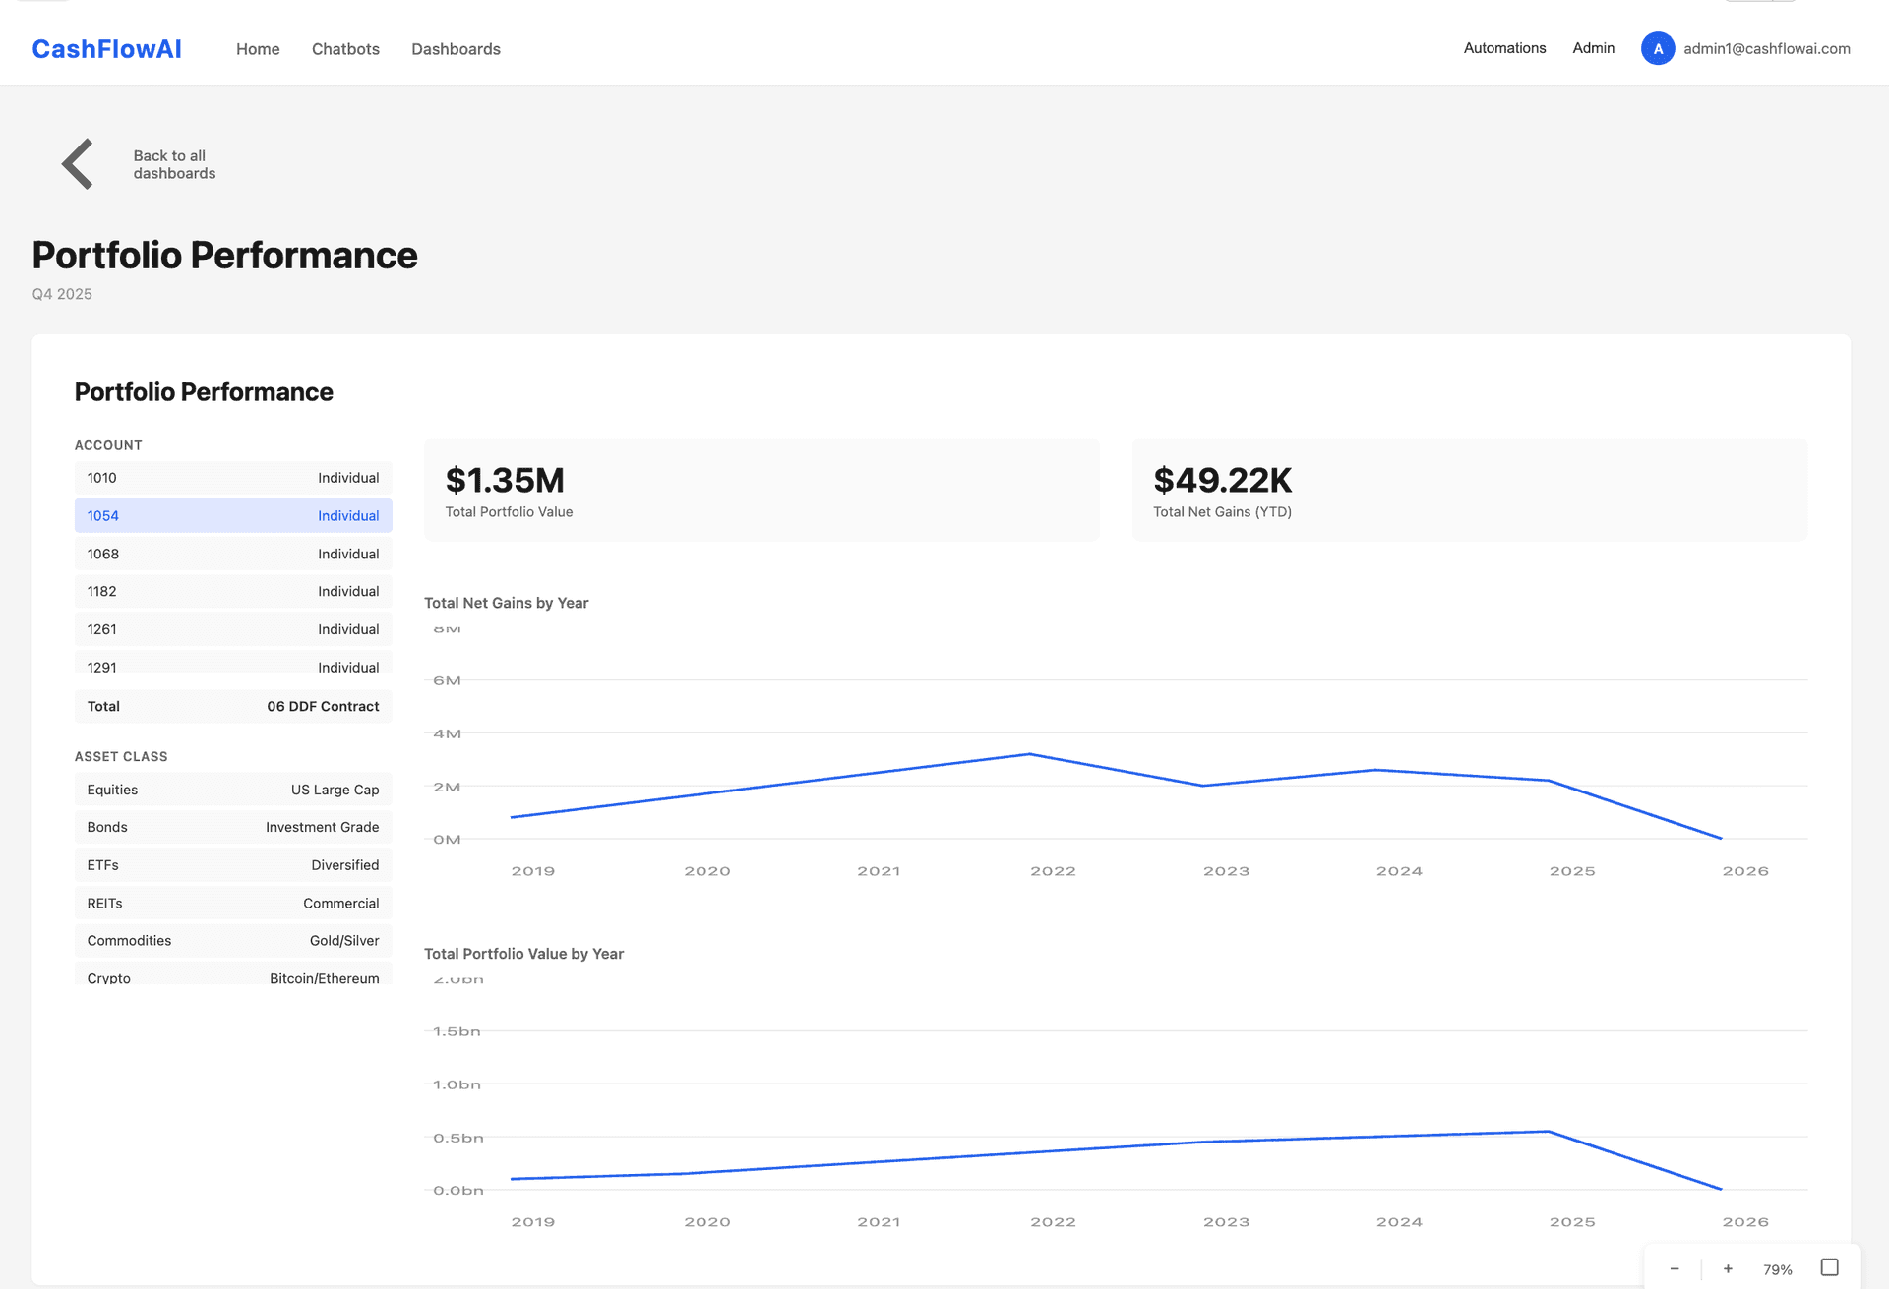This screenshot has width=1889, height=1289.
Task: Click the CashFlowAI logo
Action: coord(106,49)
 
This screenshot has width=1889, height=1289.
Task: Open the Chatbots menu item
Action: coord(345,49)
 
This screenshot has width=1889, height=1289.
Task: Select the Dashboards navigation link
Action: coord(456,49)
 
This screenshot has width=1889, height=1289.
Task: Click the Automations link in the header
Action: coord(1504,48)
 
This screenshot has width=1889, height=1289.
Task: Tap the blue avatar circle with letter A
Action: coord(1658,49)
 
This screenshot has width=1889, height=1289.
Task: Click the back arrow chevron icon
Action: coord(78,164)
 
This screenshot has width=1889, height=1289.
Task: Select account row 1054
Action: coord(233,516)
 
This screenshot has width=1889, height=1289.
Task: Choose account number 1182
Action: coord(102,592)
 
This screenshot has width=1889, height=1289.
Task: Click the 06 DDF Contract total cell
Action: coord(323,707)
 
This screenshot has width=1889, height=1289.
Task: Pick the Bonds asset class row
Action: coord(233,828)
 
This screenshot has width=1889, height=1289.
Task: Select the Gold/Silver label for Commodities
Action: coord(343,941)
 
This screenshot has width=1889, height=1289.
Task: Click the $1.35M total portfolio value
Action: coord(505,481)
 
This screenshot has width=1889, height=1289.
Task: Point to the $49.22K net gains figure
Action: coord(1222,481)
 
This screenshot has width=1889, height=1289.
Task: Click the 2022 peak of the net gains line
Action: coord(1030,754)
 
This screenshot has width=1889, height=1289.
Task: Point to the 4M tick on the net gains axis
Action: coord(447,734)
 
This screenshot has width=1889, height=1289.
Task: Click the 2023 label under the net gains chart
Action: coord(1226,872)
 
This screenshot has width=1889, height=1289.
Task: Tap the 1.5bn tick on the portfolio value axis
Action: coord(457,1032)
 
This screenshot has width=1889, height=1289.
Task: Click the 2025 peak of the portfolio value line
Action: coord(1549,1132)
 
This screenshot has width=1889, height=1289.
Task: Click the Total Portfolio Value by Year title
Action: coord(523,954)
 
